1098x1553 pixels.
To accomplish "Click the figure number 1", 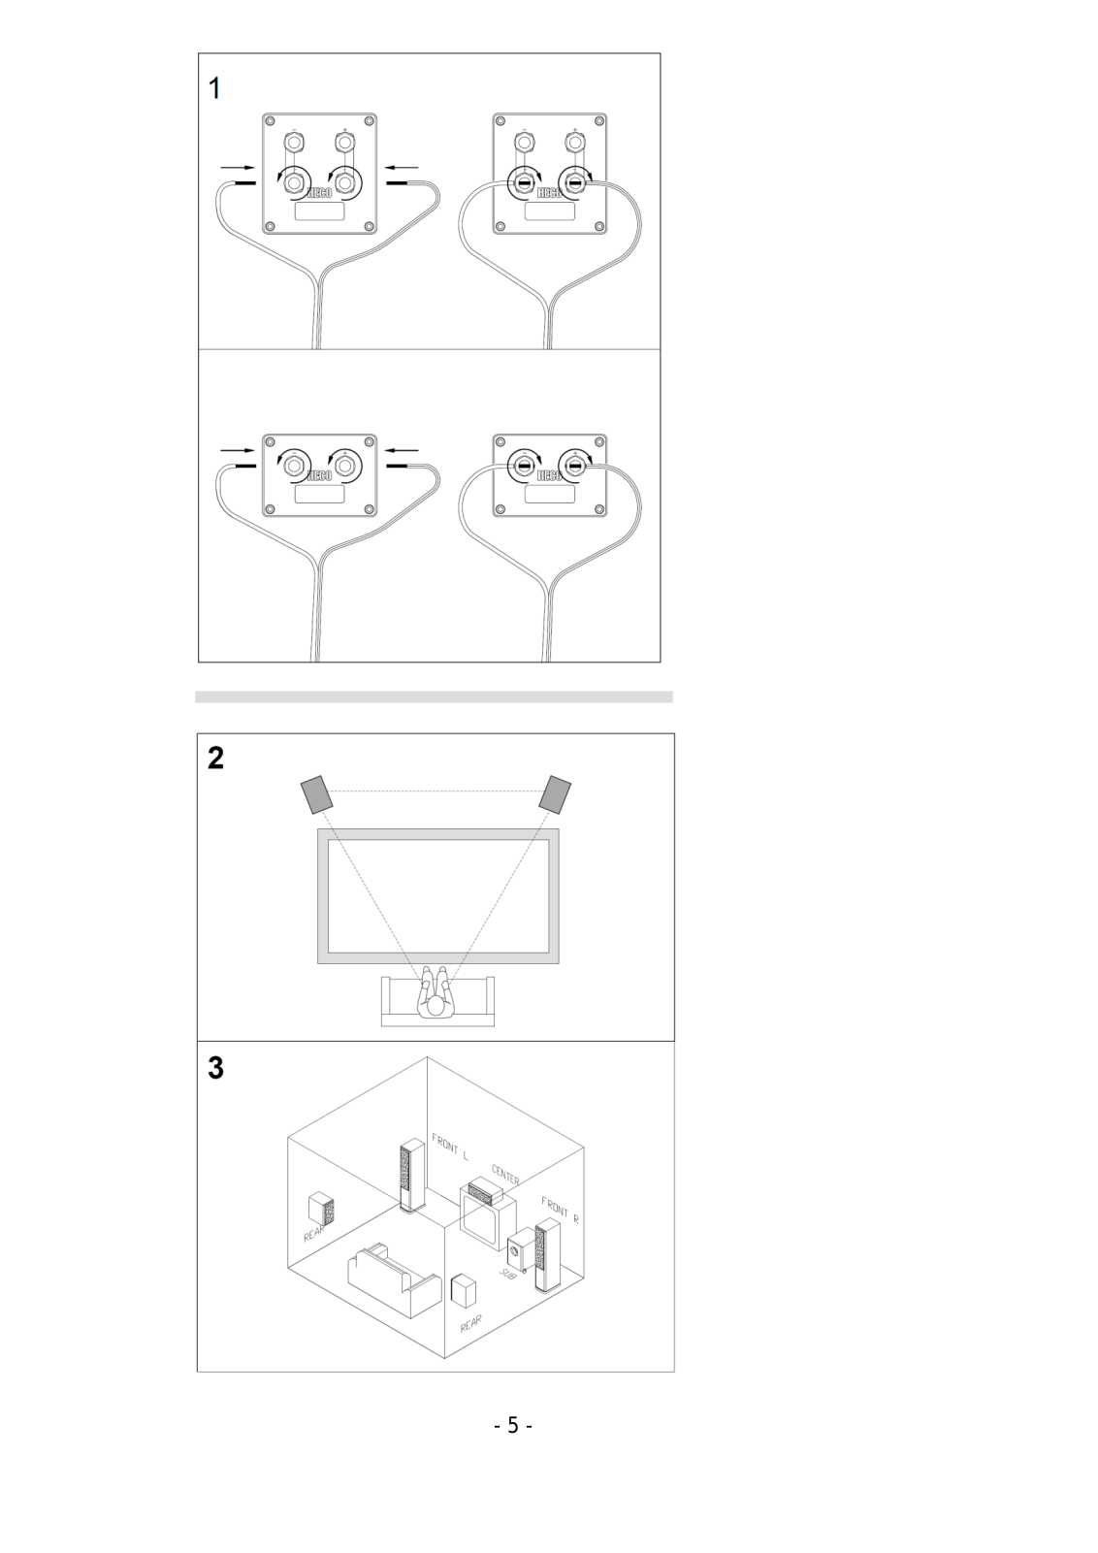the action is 215,88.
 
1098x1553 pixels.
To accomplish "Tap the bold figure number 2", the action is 215,758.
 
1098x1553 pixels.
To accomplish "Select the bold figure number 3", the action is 215,1068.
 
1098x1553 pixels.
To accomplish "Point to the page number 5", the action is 513,1425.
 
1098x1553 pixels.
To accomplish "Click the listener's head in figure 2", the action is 436,1007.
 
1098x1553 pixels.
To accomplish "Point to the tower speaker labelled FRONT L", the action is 411,1176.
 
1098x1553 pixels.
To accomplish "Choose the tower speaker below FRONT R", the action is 547,1259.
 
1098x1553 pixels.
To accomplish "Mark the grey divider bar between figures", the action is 434,696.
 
